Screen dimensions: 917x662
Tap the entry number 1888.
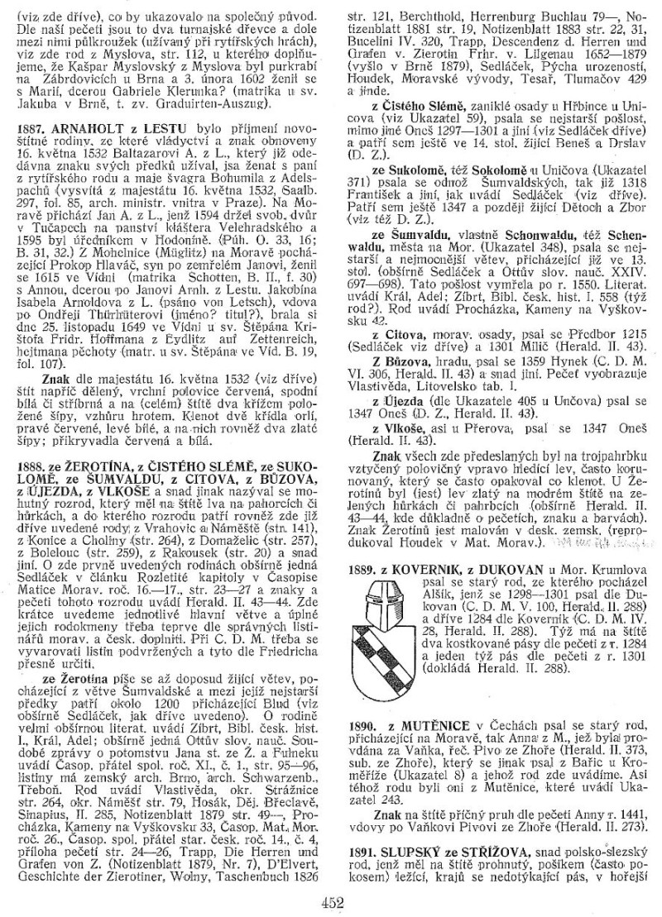(x=31, y=477)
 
